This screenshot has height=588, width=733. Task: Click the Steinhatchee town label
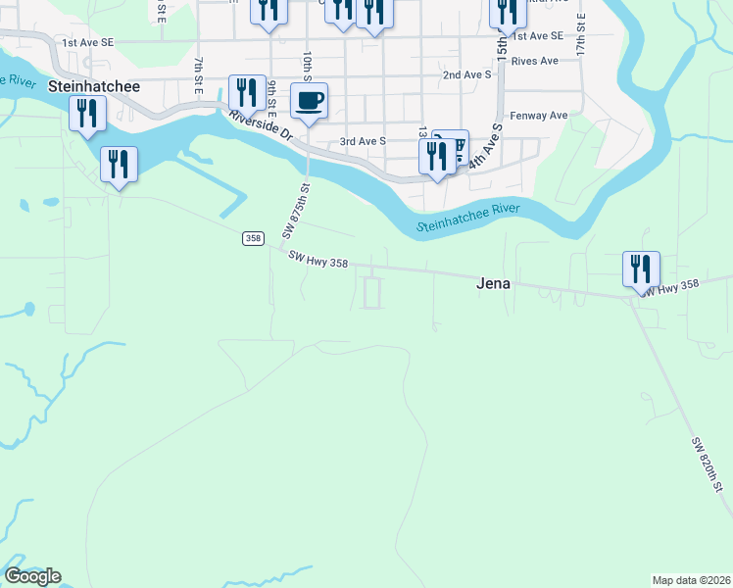(x=94, y=86)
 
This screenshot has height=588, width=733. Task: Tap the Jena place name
(x=495, y=283)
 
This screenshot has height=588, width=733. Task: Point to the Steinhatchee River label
(x=466, y=219)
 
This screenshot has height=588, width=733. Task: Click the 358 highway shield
(x=253, y=238)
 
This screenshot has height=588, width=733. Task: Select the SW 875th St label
(x=296, y=210)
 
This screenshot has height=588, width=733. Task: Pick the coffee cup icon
(x=310, y=100)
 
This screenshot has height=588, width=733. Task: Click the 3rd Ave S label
(x=363, y=141)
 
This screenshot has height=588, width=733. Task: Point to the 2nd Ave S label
(x=466, y=74)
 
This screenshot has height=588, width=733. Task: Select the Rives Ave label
(x=534, y=61)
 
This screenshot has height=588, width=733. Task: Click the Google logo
(x=32, y=576)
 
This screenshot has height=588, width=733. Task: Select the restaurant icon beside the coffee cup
(x=246, y=92)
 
